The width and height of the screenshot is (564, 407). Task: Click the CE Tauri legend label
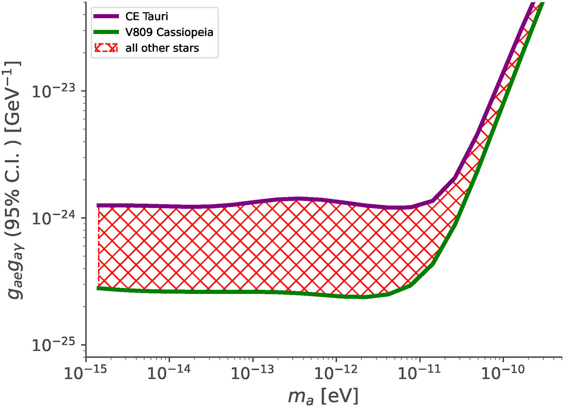143,17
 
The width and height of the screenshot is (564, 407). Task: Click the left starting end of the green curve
99,288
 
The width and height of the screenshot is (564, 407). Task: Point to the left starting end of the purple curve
99,205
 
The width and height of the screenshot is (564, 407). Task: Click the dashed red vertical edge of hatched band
98,247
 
